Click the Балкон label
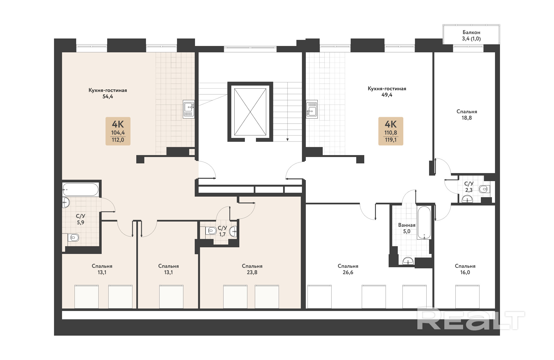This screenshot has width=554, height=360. (x=471, y=32)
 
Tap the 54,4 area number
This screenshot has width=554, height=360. (x=108, y=97)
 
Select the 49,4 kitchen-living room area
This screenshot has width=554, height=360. (x=387, y=95)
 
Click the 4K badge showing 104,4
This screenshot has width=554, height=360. (x=118, y=131)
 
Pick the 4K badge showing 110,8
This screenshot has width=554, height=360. (x=391, y=131)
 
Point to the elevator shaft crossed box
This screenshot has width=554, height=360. (x=250, y=112)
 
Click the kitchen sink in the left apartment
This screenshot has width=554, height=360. (x=189, y=109)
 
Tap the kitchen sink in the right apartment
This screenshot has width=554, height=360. (x=312, y=109)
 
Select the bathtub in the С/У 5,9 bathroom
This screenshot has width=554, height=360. (x=80, y=190)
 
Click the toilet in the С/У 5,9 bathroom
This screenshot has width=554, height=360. (x=73, y=238)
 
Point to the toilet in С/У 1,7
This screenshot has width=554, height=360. (x=211, y=230)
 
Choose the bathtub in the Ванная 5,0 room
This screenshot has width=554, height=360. (x=424, y=223)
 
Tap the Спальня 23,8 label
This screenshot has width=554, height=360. (x=252, y=269)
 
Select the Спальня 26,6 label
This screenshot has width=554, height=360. (x=348, y=269)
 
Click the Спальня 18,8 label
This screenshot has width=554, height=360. (x=467, y=115)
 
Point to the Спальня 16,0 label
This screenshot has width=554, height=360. (x=465, y=269)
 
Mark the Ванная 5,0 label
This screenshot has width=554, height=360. (x=407, y=228)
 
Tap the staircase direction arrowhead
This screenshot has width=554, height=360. (x=288, y=140)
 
